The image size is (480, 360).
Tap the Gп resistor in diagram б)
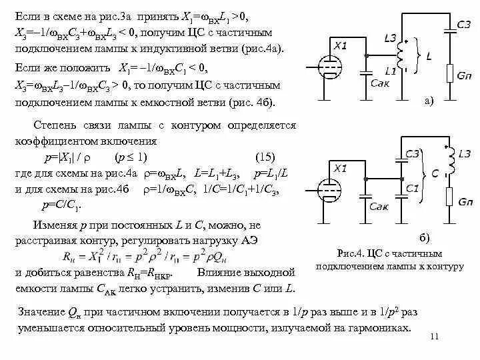[451, 199]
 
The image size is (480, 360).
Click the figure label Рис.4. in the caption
[353, 254]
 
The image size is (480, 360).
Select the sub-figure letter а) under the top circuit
[429, 101]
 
